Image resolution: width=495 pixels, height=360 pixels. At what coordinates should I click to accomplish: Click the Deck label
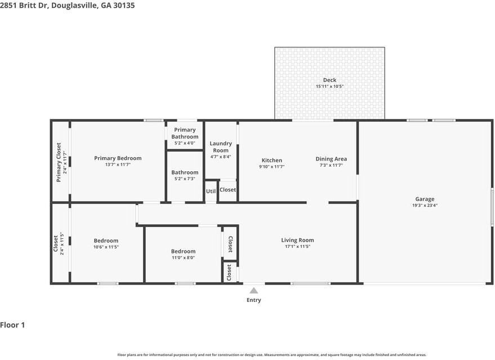[x=329, y=80]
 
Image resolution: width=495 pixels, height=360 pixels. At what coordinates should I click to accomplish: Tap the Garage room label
[x=425, y=199]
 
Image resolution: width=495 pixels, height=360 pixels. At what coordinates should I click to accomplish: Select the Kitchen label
[x=271, y=160]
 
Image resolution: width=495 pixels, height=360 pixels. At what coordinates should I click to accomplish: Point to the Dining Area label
[x=331, y=159]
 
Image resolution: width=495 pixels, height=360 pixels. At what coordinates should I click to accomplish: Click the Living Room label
[x=297, y=240]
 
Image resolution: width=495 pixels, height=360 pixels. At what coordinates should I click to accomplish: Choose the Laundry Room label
[x=221, y=147]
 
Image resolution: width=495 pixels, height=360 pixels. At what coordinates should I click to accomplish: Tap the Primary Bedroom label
[x=118, y=158]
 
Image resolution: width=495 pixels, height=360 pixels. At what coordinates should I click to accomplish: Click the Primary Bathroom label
[x=185, y=134]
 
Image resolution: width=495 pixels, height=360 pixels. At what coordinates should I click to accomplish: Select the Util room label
[x=211, y=192]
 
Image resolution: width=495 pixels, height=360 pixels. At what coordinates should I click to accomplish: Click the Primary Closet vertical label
[x=59, y=162]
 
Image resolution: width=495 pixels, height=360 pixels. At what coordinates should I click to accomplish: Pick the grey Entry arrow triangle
[x=254, y=291]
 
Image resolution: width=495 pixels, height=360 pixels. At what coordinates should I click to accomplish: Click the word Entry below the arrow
[x=254, y=300]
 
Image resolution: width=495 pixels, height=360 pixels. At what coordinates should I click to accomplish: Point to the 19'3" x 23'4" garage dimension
[x=425, y=206]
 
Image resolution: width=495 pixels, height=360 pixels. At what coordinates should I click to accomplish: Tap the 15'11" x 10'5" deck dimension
[x=329, y=87]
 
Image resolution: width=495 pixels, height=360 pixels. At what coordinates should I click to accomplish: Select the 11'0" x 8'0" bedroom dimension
[x=183, y=258]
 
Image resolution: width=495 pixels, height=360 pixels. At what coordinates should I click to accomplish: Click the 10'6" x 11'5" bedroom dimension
[x=106, y=247]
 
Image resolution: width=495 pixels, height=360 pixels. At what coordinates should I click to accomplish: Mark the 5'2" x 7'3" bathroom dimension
[x=185, y=179]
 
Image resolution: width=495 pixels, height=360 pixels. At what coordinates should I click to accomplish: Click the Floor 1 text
[x=13, y=325]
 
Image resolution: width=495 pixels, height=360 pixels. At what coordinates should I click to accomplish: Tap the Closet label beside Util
[x=228, y=190]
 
